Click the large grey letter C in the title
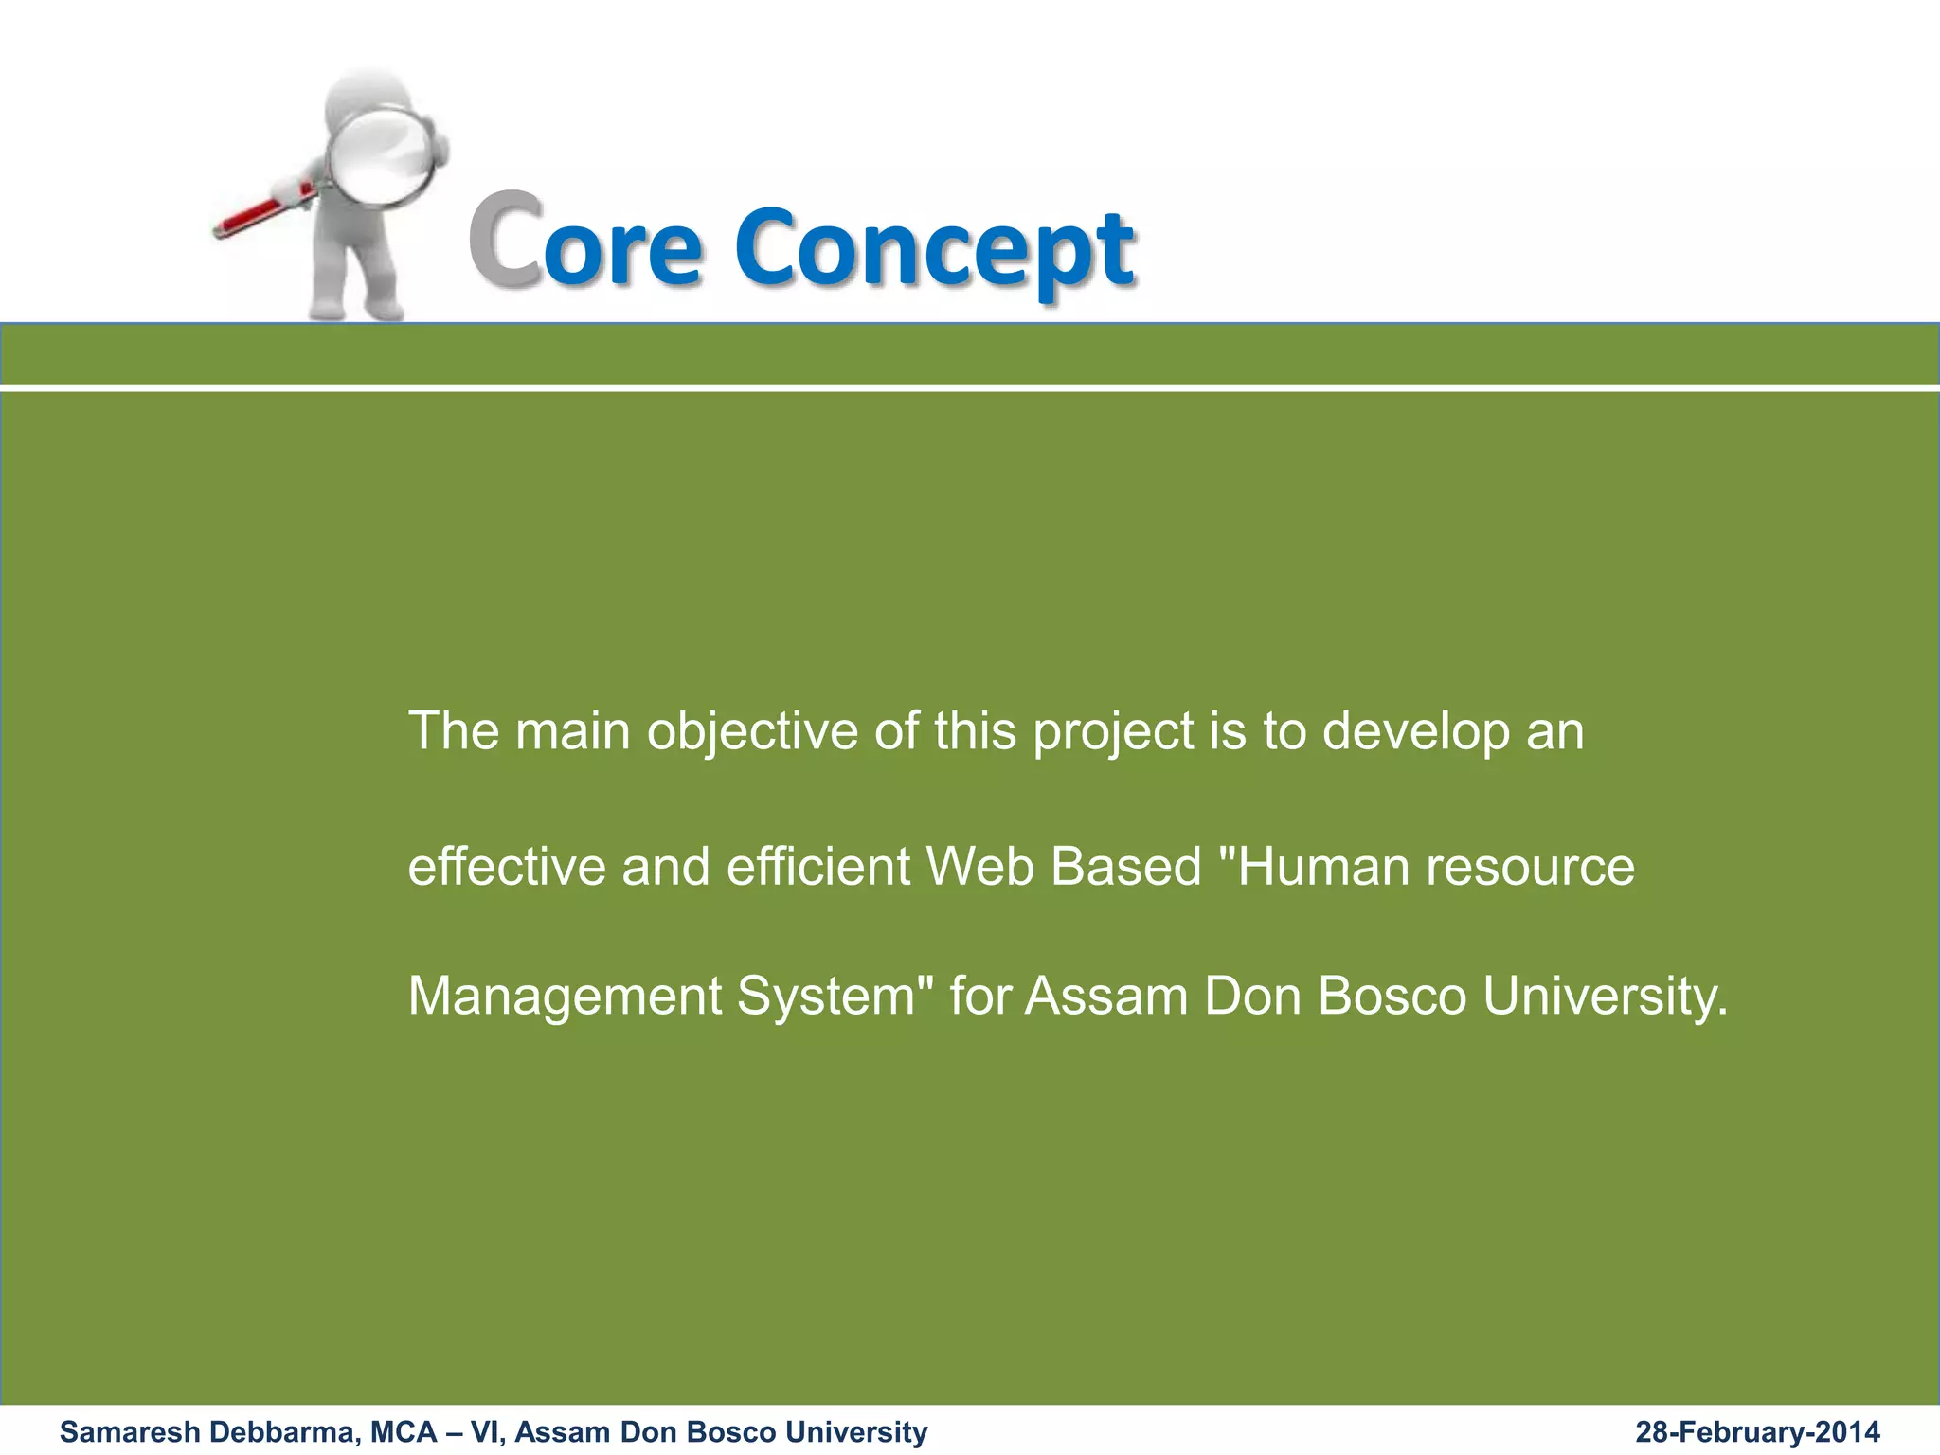tap(505, 239)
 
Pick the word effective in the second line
tap(506, 866)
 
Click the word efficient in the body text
tap(817, 866)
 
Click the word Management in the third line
tap(565, 997)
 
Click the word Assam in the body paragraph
tap(1105, 996)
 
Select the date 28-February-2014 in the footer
tap(1757, 1432)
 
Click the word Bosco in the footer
tap(735, 1432)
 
